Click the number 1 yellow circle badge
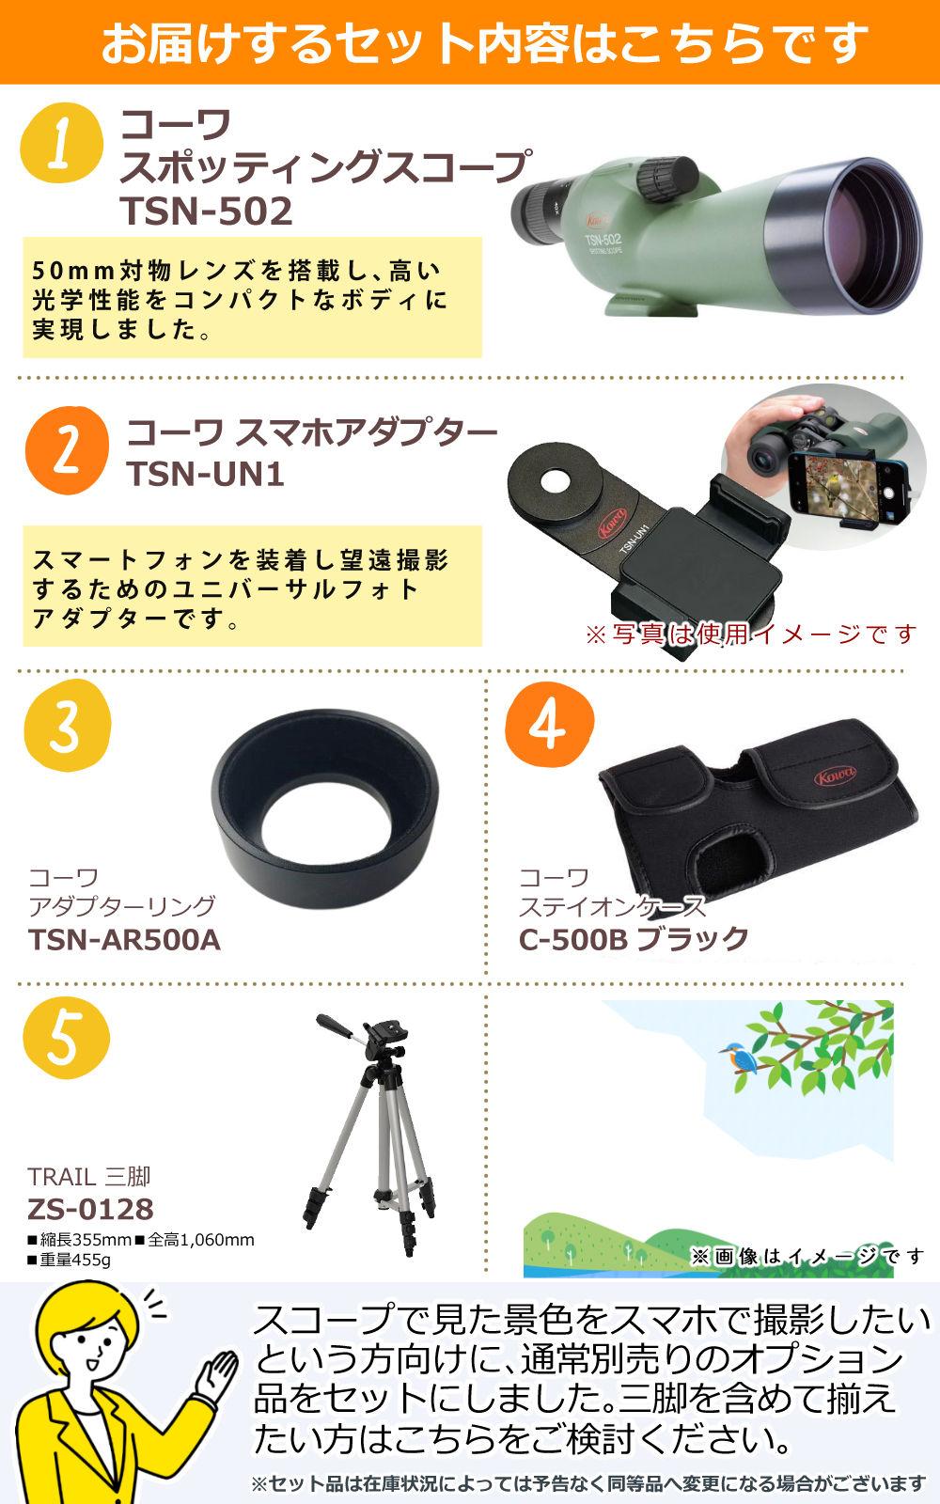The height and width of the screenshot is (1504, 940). pos(62,142)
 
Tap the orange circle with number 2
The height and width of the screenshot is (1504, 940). pos(67,450)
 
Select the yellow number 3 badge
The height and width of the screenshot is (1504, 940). pos(67,726)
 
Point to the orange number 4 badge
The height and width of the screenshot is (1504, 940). pos(549,726)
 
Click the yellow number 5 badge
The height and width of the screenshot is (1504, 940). pos(66,1038)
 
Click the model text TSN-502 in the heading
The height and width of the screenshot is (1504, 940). pos(207,211)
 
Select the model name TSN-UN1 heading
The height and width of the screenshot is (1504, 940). pos(206,474)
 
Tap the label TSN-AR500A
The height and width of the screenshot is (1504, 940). pos(124,940)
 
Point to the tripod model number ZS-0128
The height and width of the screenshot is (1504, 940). pos(90,1209)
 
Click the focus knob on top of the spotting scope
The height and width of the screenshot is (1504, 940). pos(666,178)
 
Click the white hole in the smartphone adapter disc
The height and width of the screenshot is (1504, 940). pos(556,480)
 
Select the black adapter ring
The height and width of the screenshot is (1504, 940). pos(325,808)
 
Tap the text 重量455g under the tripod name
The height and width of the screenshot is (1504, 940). pos(69,1260)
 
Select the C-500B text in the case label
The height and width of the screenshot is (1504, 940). pos(572,939)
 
